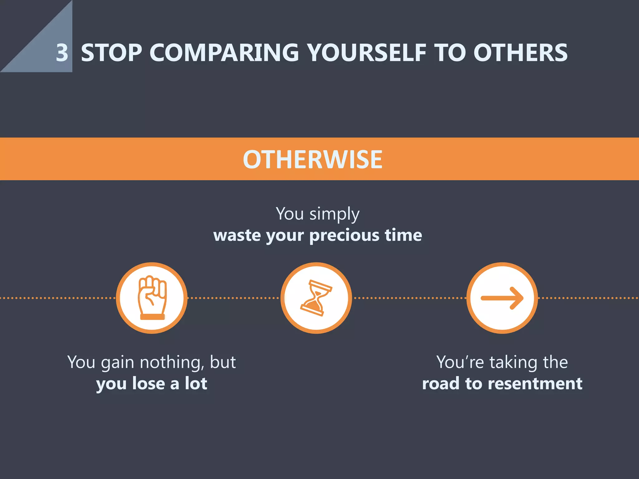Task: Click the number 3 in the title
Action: point(62,53)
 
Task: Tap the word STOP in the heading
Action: point(111,53)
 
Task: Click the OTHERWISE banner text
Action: point(313,159)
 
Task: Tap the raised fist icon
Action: point(152,298)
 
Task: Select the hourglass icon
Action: point(316,298)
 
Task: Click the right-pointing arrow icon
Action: point(502,298)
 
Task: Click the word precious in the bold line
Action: point(344,235)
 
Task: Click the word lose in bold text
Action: point(149,383)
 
